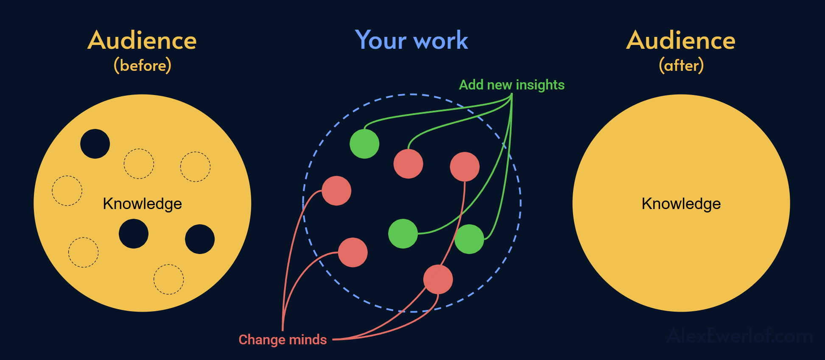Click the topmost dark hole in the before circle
pyautogui.click(x=95, y=144)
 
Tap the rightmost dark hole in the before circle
pyautogui.click(x=200, y=239)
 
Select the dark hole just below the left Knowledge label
pyautogui.click(x=134, y=234)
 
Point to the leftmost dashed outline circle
pyautogui.click(x=67, y=191)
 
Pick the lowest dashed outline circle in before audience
pyautogui.click(x=168, y=279)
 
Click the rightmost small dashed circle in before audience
pyautogui.click(x=195, y=167)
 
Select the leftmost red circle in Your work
pyautogui.click(x=336, y=191)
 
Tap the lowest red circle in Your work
pyautogui.click(x=438, y=279)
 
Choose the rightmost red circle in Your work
pyautogui.click(x=465, y=167)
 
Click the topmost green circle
pyautogui.click(x=364, y=144)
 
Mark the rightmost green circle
pyautogui.click(x=469, y=239)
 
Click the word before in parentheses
pyautogui.click(x=143, y=66)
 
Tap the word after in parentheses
pyautogui.click(x=681, y=66)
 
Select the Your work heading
pyautogui.click(x=411, y=40)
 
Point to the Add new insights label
pyautogui.click(x=512, y=85)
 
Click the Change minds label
pyautogui.click(x=282, y=340)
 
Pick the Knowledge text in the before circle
pyautogui.click(x=143, y=204)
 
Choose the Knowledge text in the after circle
pyautogui.click(x=681, y=204)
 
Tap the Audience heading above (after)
pyautogui.click(x=681, y=41)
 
